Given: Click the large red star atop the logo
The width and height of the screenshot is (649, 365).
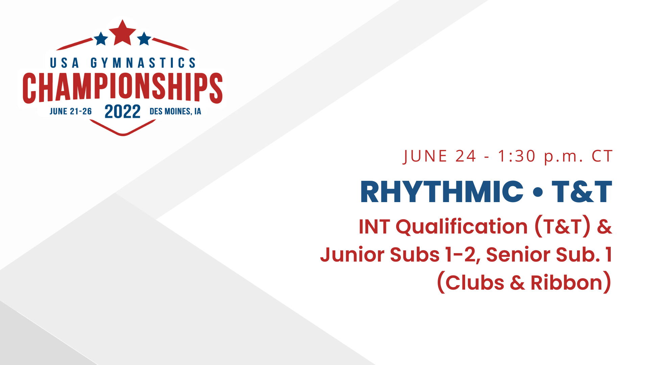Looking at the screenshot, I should pyautogui.click(x=122, y=33).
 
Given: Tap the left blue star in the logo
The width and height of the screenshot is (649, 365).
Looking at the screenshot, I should pyautogui.click(x=101, y=39).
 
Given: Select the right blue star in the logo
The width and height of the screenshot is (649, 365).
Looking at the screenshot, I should pyautogui.click(x=144, y=39).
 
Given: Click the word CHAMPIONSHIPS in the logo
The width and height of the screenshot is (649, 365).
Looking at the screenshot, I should pyautogui.click(x=122, y=87).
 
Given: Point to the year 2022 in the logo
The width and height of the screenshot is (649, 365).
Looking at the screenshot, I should pyautogui.click(x=122, y=112).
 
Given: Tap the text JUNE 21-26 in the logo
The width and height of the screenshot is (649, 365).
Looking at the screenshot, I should pyautogui.click(x=71, y=112).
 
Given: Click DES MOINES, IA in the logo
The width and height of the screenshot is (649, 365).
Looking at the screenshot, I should pyautogui.click(x=175, y=112).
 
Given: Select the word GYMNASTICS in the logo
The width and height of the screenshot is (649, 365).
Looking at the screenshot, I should pyautogui.click(x=143, y=63).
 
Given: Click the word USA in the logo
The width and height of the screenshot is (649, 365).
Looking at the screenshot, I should pyautogui.click(x=64, y=63).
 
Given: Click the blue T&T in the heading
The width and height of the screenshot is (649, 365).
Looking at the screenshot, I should pyautogui.click(x=582, y=192).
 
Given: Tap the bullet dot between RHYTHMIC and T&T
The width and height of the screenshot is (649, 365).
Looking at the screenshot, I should pyautogui.click(x=537, y=192).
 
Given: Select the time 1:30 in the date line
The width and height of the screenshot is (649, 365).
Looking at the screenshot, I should pyautogui.click(x=517, y=156).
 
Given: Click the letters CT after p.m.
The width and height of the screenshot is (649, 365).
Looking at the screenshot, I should pyautogui.click(x=602, y=156).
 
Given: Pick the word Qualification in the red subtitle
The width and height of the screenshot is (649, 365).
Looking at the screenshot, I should pyautogui.click(x=461, y=226).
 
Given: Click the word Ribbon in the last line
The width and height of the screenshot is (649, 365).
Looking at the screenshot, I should pyautogui.click(x=567, y=283).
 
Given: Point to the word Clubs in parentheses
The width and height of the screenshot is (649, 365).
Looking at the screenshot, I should pyautogui.click(x=475, y=283).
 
